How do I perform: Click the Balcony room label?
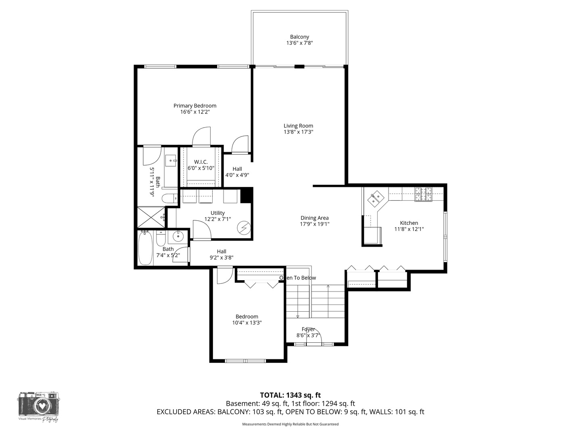tap(299, 37)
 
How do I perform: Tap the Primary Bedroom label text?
tap(195, 106)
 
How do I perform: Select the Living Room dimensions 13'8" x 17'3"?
tap(298, 132)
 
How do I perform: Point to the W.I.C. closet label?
tap(201, 162)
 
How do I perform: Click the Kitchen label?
tap(409, 223)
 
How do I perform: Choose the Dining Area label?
tap(314, 218)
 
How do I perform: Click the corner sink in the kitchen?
tap(376, 198)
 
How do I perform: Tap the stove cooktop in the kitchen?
tap(423, 194)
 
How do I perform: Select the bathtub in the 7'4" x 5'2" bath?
tap(145, 247)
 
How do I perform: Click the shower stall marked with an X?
tap(151, 217)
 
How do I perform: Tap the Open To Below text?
tap(298, 278)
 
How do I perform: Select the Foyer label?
tap(308, 329)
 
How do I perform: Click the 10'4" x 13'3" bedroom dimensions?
tap(247, 323)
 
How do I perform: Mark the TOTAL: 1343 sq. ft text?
tap(290, 395)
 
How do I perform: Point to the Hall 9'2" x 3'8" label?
tap(222, 254)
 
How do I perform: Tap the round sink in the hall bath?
tap(178, 236)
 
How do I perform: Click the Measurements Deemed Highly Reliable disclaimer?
tap(290, 424)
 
